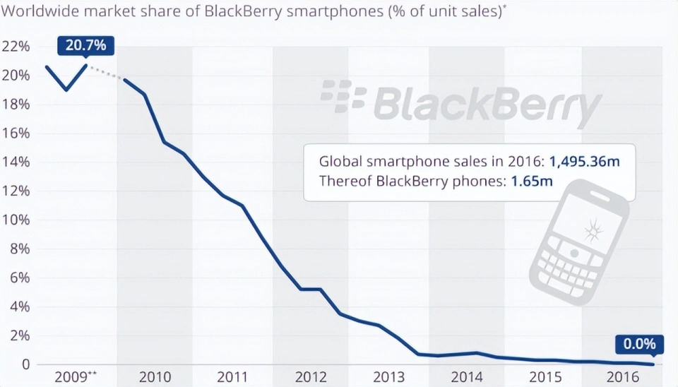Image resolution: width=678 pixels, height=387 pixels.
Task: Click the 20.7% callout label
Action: (x=85, y=46)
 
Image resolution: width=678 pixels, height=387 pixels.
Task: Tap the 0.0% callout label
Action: (x=639, y=345)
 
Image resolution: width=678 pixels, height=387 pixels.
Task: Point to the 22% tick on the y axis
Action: (x=16, y=47)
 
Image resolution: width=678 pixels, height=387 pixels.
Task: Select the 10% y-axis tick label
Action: (x=16, y=220)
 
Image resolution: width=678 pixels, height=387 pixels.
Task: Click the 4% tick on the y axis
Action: (x=18, y=307)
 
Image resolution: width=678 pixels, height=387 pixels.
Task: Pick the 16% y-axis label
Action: (x=16, y=133)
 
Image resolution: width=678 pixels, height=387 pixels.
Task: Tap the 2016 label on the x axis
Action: (x=624, y=376)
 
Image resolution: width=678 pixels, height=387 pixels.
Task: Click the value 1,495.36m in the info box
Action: (x=584, y=161)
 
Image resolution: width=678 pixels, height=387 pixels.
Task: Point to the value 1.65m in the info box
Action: (x=530, y=181)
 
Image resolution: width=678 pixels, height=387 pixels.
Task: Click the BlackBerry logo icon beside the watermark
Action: (x=343, y=97)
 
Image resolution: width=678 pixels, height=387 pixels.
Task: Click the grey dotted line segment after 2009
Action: (x=106, y=73)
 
